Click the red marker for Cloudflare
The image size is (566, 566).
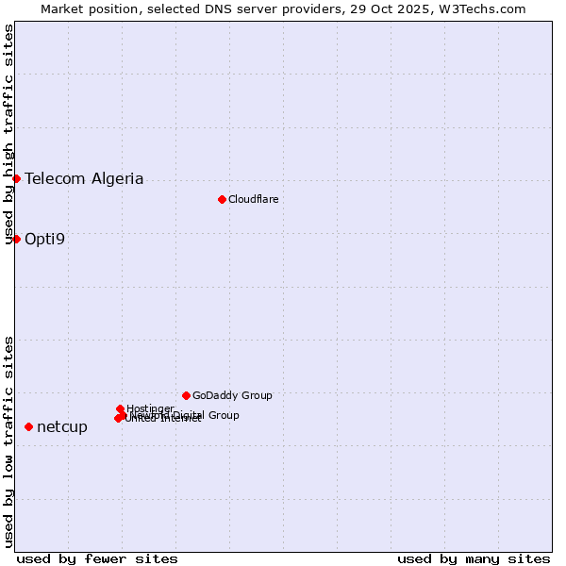pyautogui.click(x=222, y=199)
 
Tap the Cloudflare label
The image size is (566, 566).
pyautogui.click(x=253, y=199)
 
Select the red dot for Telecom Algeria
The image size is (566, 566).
pyautogui.click(x=16, y=178)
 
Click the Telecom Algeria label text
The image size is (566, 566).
pyautogui.click(x=84, y=178)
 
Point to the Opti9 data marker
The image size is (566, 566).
pyautogui.click(x=16, y=239)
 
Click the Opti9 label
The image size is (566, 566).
pyautogui.click(x=44, y=239)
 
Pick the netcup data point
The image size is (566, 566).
pyautogui.click(x=28, y=427)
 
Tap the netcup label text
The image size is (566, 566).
pyautogui.click(x=62, y=427)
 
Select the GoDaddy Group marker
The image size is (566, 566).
pyautogui.click(x=186, y=395)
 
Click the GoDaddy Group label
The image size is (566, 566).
pyautogui.click(x=232, y=395)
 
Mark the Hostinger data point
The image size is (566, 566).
pyautogui.click(x=121, y=408)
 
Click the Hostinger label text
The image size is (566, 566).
pyautogui.click(x=150, y=408)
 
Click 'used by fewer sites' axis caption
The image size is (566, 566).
pyautogui.click(x=97, y=558)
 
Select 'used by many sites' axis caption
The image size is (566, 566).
pyautogui.click(x=474, y=558)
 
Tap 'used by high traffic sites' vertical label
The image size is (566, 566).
pyautogui.click(x=9, y=135)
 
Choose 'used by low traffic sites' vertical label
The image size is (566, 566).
pyautogui.click(x=9, y=441)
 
